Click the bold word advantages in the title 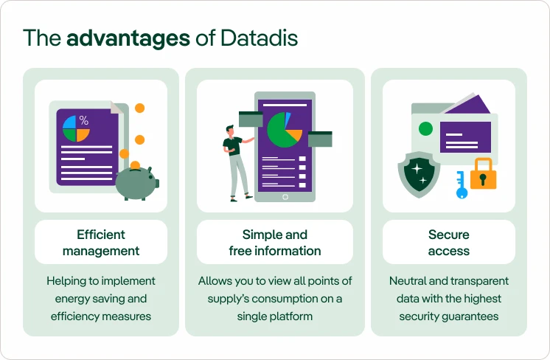point(128,38)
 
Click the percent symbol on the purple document point(83,120)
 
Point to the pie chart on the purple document point(76,128)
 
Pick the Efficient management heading point(101,243)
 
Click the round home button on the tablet point(285,196)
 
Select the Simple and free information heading point(275,243)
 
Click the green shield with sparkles point(419,174)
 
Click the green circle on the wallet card point(425,129)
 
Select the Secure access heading point(449,243)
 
